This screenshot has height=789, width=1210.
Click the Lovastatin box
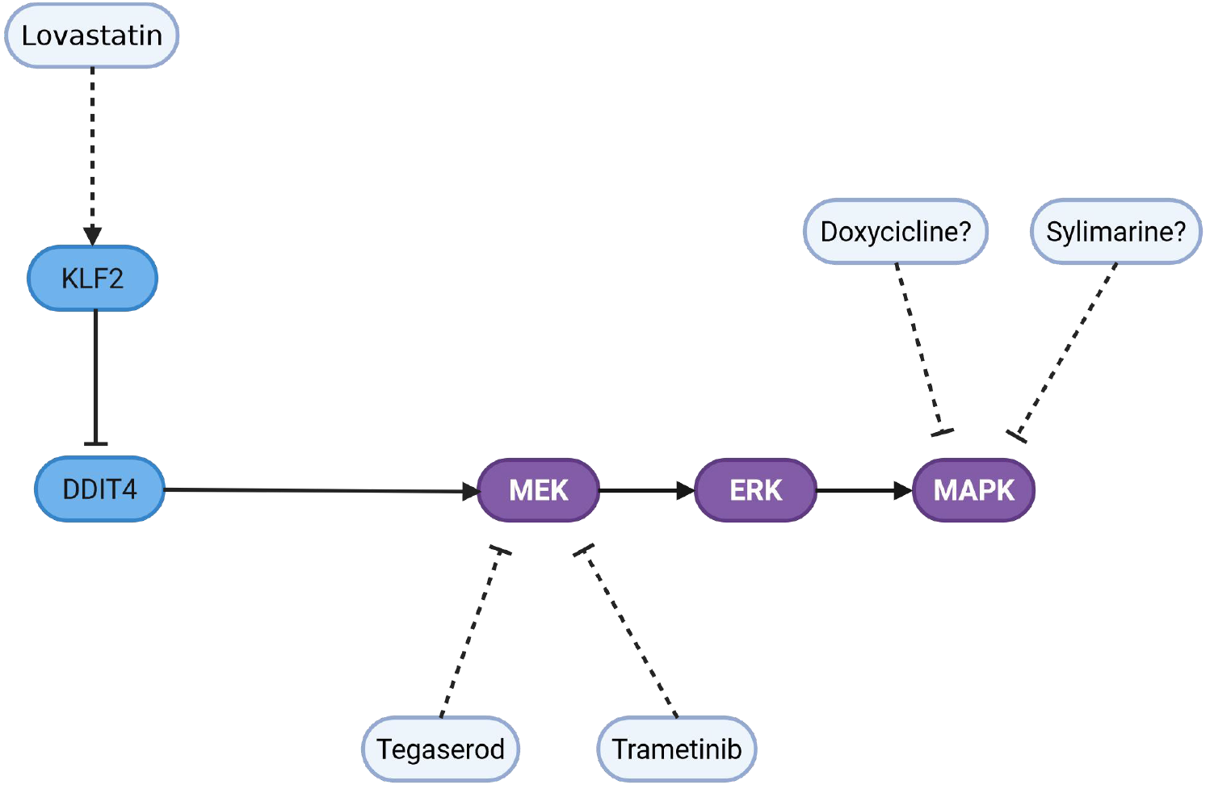(91, 36)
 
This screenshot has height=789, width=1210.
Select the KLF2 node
(92, 279)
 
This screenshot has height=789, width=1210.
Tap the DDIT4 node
(99, 489)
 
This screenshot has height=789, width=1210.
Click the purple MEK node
(538, 490)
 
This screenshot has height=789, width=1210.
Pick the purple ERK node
(755, 490)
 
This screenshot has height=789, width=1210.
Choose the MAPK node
(973, 490)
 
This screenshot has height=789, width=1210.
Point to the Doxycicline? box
(895, 232)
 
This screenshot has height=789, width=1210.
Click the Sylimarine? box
(1115, 232)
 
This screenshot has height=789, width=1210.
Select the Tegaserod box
(440, 749)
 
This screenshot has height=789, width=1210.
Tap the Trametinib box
(676, 749)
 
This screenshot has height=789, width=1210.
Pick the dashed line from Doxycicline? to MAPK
(919, 347)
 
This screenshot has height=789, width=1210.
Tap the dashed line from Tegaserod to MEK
(471, 634)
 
